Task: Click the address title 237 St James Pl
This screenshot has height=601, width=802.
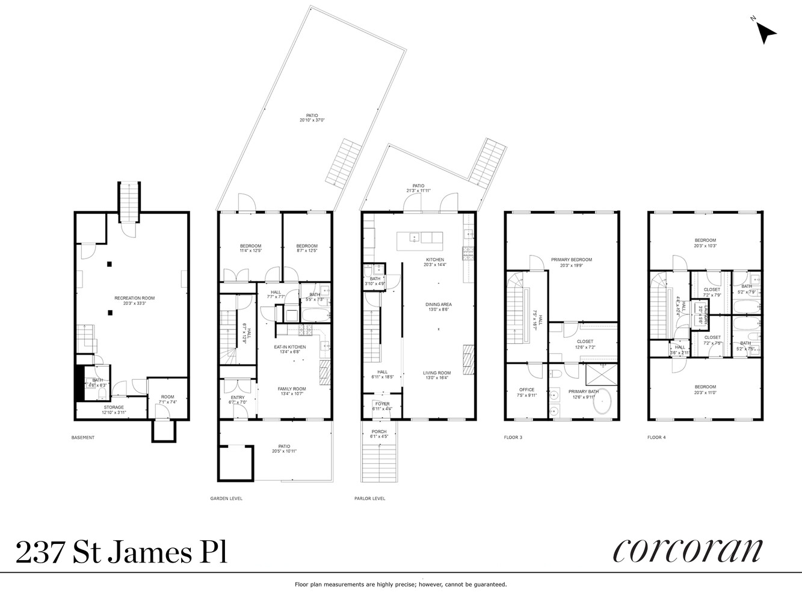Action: coord(122,552)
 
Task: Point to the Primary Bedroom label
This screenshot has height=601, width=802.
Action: coord(571,260)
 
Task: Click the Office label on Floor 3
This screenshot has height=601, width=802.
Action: coord(526,389)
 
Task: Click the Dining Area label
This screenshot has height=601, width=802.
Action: coord(438,305)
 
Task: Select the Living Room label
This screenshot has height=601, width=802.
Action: coord(437,373)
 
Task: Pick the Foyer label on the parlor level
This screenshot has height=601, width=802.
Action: coord(382,404)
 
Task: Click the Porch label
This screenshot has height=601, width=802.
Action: coord(379,432)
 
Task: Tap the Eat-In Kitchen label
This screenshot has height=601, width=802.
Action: coord(290,347)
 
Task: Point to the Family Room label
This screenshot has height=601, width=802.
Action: coord(292,389)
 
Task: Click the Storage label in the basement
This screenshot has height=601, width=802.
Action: coord(113,407)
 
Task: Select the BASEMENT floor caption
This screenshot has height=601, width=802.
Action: coord(83,438)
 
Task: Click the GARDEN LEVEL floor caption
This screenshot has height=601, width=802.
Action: coord(226,498)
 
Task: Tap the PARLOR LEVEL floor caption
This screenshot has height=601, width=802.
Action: coord(370,498)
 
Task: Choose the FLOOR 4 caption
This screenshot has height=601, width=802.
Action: coord(656,438)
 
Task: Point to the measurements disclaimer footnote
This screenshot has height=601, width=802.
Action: coord(401,584)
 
